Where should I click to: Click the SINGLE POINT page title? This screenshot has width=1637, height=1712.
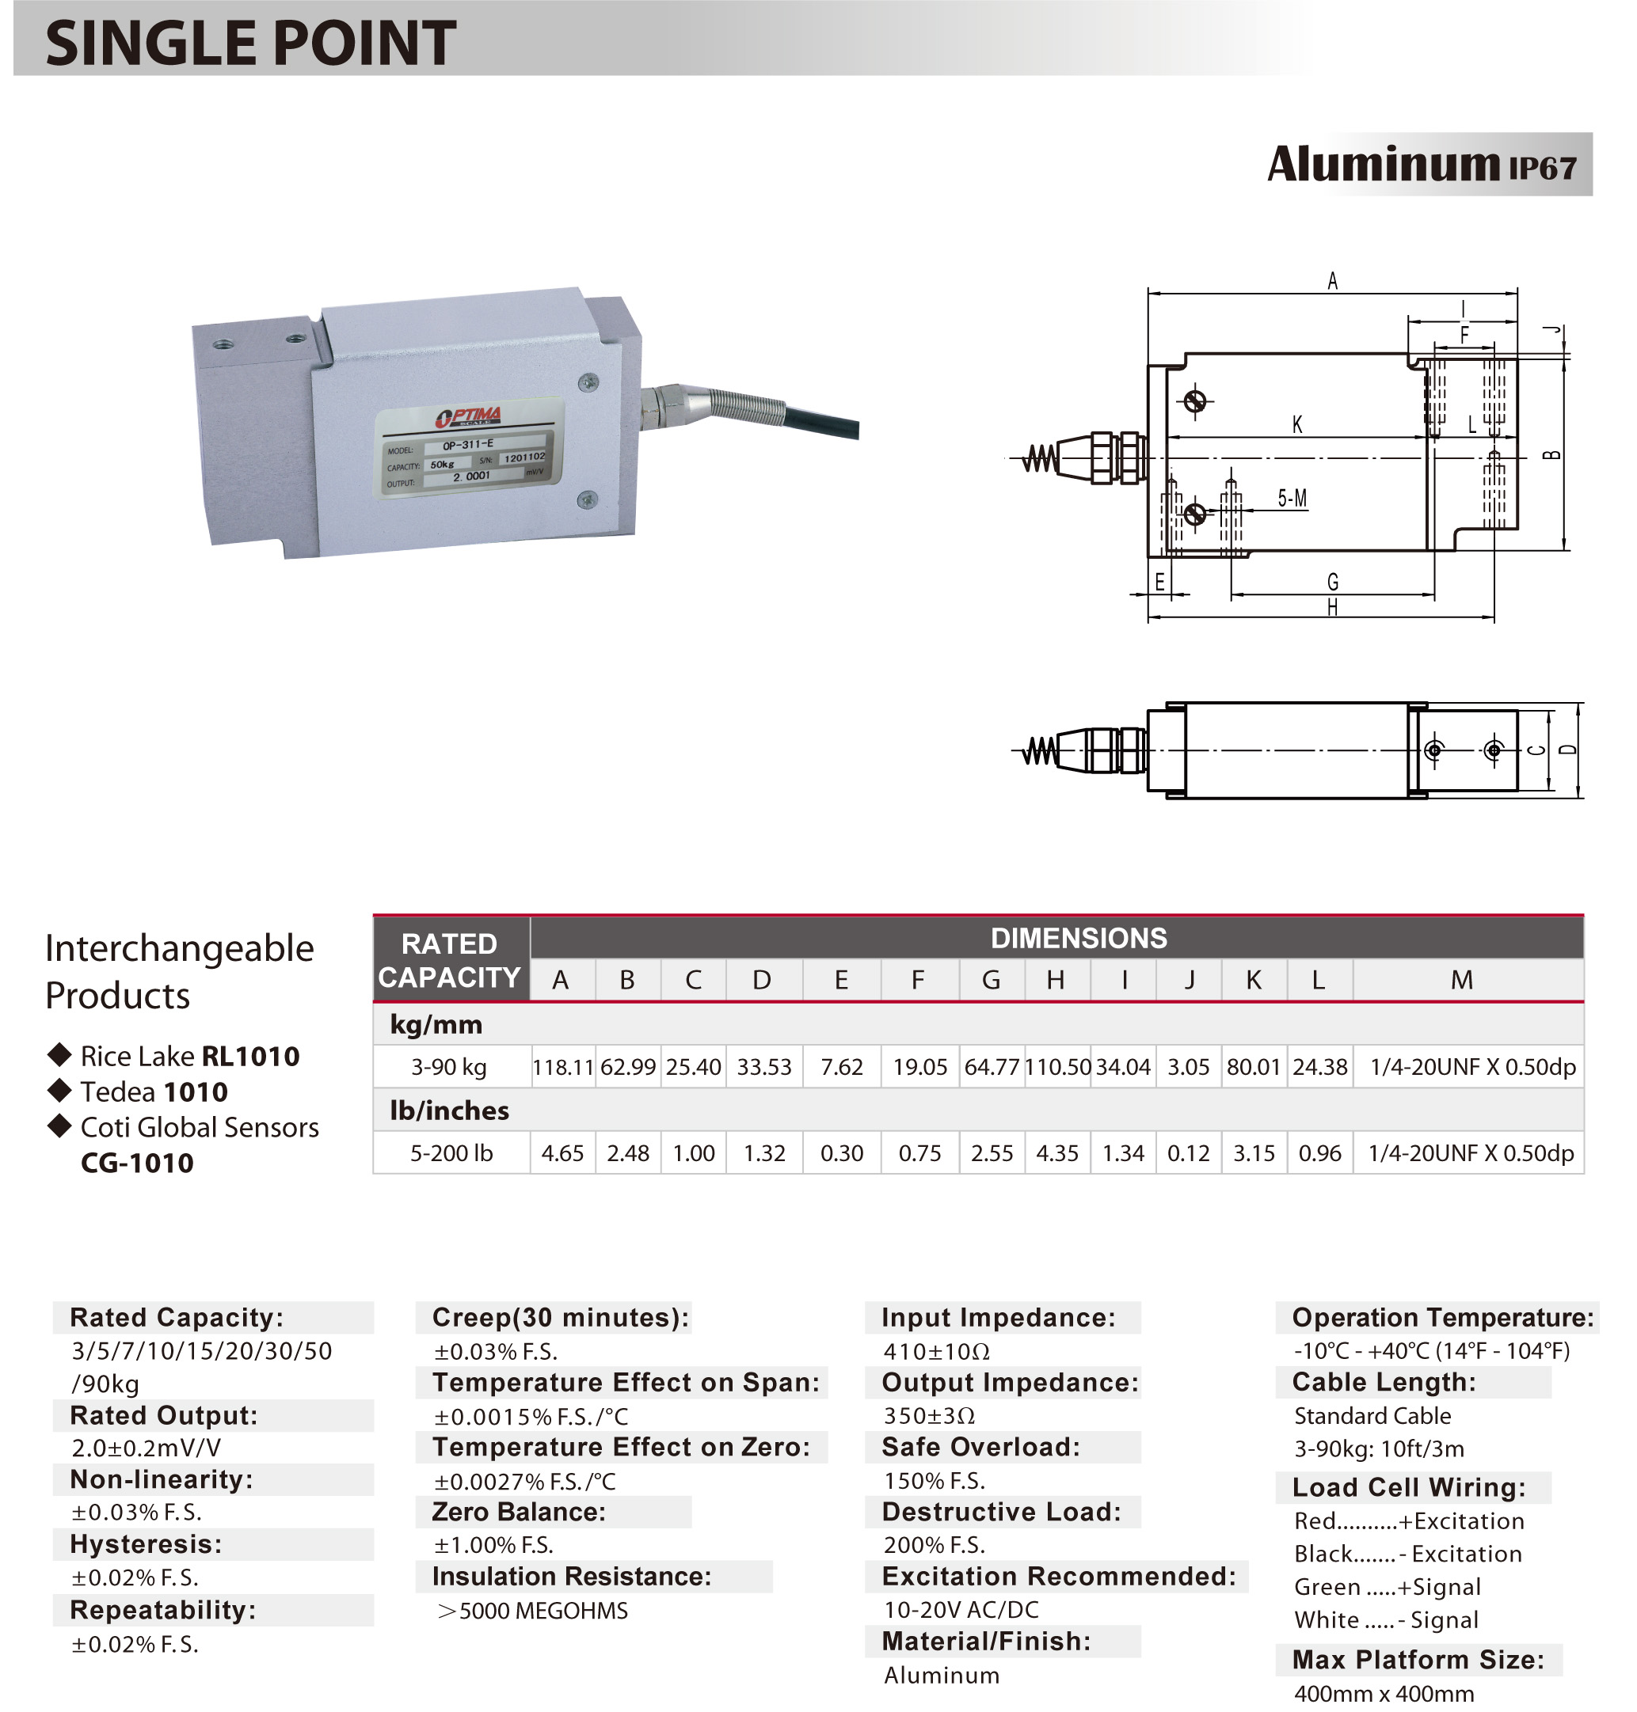(x=250, y=43)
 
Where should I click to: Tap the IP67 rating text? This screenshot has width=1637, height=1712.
(x=1542, y=169)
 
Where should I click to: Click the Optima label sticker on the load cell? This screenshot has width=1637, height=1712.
(x=470, y=448)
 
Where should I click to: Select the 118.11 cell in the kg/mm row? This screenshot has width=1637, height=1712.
(x=563, y=1067)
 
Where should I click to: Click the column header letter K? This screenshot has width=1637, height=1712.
(x=1253, y=981)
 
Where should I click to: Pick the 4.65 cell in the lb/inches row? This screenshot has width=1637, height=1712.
(x=562, y=1153)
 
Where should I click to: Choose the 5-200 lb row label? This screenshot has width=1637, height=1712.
(x=451, y=1153)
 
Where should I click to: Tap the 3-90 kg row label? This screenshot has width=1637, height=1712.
(x=448, y=1067)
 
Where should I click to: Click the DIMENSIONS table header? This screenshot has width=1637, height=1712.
(x=1078, y=939)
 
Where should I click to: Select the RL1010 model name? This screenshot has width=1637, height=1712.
(x=250, y=1056)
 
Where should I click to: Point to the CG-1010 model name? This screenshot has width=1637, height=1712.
(x=137, y=1163)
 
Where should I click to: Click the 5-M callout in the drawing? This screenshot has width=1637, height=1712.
(x=1292, y=498)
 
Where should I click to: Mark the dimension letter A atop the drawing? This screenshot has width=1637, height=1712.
(x=1331, y=281)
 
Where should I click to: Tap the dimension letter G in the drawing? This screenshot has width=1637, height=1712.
(x=1332, y=582)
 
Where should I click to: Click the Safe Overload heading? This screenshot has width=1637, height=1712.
(x=980, y=1447)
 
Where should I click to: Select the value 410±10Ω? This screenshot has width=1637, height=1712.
(x=936, y=1352)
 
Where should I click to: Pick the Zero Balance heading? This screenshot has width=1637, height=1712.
(x=518, y=1512)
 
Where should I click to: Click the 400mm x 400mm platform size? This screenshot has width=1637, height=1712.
(x=1384, y=1694)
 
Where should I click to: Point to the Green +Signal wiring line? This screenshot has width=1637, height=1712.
(x=1387, y=1586)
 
